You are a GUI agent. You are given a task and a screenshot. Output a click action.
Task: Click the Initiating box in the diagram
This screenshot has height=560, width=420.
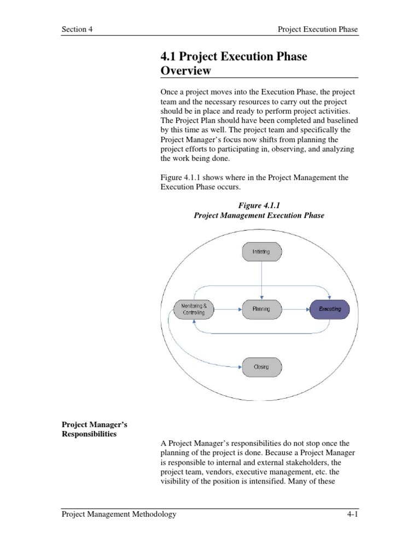[x=261, y=252]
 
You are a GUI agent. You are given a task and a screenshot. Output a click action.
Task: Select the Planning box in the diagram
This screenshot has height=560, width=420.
[x=261, y=309]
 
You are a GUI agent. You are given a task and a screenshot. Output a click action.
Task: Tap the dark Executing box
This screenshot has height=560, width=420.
[x=330, y=309]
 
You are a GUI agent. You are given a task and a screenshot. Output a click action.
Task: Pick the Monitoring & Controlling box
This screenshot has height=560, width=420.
[x=193, y=309]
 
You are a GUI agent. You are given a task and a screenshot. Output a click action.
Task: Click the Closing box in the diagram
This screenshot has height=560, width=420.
[x=261, y=366]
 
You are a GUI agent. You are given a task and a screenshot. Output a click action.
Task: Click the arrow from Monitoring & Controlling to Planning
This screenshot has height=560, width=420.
[x=226, y=309]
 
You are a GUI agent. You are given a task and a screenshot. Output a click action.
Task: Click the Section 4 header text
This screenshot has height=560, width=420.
[x=77, y=30]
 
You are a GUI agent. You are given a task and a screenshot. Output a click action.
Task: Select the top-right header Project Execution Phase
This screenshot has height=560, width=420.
[x=318, y=30]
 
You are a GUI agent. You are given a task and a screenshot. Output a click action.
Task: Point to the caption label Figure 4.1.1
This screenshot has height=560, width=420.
[x=259, y=205]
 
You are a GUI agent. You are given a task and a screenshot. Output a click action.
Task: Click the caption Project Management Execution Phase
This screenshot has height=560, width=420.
[x=259, y=215]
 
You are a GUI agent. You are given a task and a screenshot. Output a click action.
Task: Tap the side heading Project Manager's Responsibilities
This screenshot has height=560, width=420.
[x=94, y=429]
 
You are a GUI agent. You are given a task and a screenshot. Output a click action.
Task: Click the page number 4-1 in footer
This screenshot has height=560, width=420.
[x=349, y=514]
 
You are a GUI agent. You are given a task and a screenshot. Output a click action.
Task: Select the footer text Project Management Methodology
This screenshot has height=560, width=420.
[x=119, y=514]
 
